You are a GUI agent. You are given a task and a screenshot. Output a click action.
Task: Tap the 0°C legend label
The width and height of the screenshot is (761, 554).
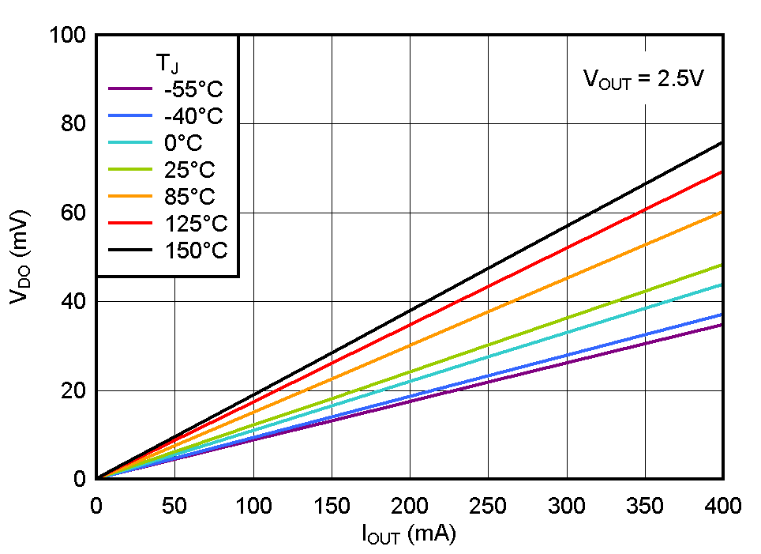(183, 143)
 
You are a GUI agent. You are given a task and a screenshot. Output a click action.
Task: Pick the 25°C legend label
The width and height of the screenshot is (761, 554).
(189, 170)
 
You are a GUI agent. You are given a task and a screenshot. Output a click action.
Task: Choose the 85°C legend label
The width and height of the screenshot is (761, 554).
(189, 197)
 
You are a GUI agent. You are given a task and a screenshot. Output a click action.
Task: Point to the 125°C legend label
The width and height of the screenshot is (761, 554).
(196, 224)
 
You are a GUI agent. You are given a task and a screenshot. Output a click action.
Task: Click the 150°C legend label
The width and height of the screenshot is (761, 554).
(196, 251)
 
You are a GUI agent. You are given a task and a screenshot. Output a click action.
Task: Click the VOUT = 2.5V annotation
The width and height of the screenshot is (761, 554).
(643, 79)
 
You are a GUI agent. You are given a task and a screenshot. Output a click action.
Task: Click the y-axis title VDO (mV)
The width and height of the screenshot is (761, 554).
(20, 257)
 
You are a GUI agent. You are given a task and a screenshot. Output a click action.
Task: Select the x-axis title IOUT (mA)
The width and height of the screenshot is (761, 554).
(409, 535)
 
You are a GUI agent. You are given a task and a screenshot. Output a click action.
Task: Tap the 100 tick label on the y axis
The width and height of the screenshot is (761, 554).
(66, 36)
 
